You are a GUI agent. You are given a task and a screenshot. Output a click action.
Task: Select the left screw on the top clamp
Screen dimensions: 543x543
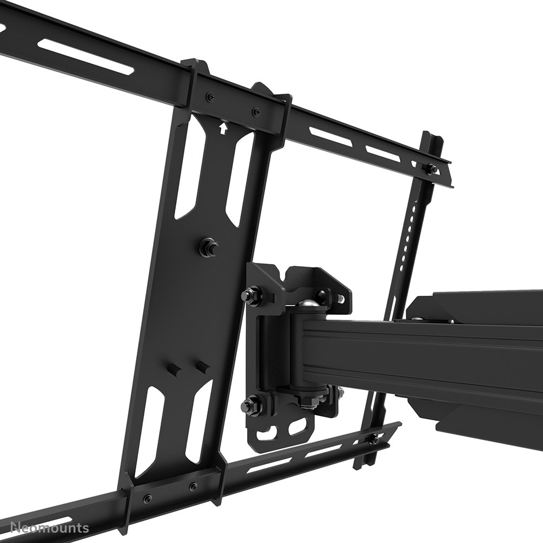point(210,97)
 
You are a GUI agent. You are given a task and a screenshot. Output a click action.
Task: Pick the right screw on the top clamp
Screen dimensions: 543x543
point(255,112)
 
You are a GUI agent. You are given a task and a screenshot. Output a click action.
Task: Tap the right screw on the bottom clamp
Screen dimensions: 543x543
point(193,486)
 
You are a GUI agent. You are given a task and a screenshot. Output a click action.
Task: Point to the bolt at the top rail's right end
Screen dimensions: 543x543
point(433,169)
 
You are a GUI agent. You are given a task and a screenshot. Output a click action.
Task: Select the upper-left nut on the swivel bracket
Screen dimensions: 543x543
point(249,295)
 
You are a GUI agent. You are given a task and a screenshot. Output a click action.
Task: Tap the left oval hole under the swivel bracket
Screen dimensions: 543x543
point(266,431)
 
